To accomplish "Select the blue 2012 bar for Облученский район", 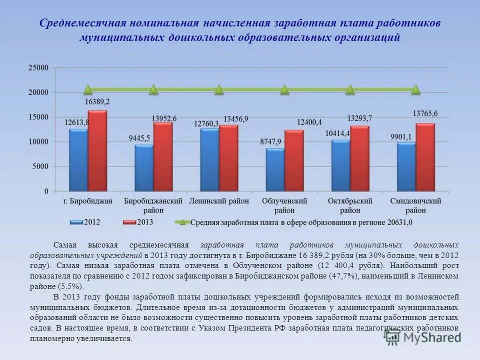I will point(275,169).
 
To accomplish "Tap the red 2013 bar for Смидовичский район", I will point(425,157).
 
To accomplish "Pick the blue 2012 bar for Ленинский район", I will point(209,159).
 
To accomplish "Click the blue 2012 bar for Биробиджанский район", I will point(144,168).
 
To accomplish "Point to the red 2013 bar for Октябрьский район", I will point(359,158).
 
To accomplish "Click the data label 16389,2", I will point(97,101).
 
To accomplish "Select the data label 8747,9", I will point(270,142).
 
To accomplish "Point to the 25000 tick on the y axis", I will point(38,68).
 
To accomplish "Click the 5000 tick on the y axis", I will point(40,166).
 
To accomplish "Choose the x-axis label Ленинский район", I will point(218,201).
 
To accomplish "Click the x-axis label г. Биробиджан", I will point(88,201).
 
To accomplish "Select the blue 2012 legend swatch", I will point(77,222).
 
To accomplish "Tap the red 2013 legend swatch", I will point(129,222).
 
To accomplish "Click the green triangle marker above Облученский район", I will point(284,90).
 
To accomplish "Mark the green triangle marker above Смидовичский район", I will point(415,90).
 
